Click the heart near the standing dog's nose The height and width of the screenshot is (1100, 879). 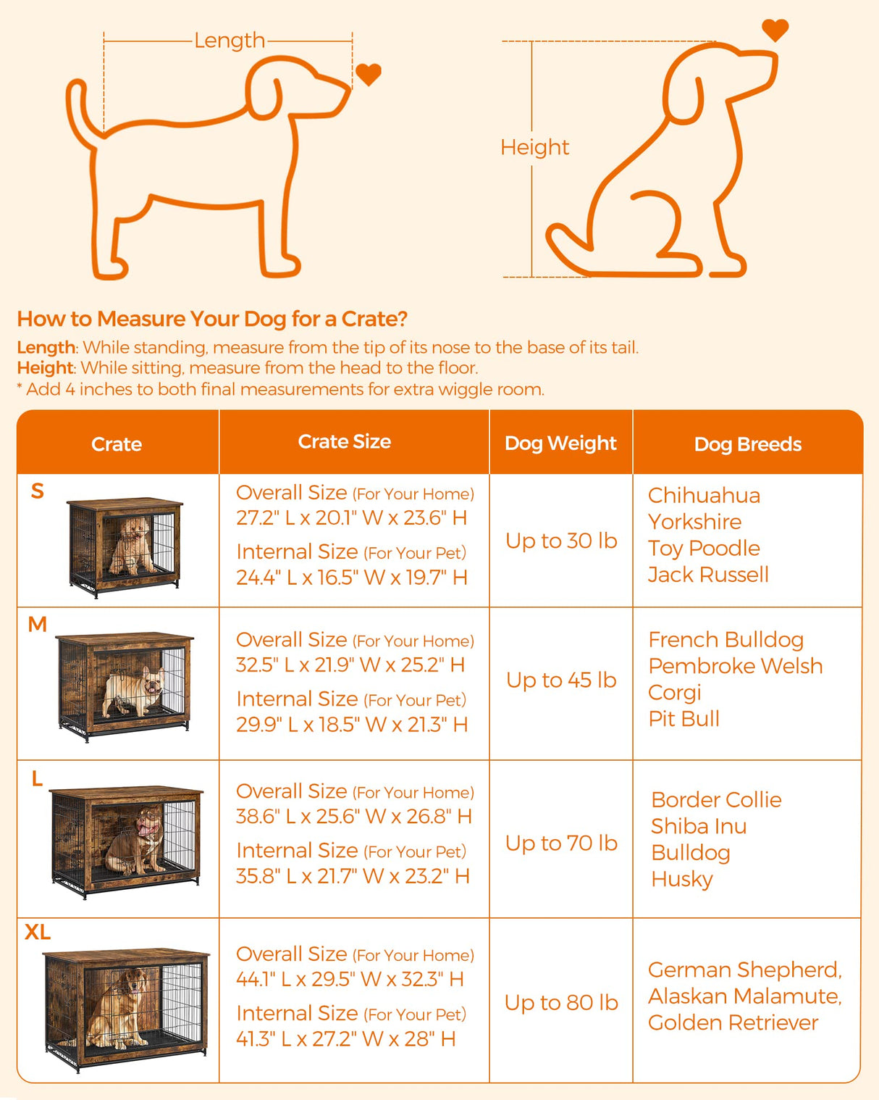click(x=368, y=74)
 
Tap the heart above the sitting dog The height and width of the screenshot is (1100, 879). click(x=775, y=29)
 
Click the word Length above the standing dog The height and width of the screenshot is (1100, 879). click(x=230, y=41)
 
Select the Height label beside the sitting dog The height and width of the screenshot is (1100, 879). click(x=534, y=147)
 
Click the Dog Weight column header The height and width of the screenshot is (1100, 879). click(x=560, y=443)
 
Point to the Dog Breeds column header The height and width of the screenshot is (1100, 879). click(x=747, y=444)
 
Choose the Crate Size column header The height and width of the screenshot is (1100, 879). click(x=345, y=442)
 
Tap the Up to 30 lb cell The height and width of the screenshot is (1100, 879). click(x=561, y=541)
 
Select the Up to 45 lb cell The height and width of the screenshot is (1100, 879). click(x=561, y=680)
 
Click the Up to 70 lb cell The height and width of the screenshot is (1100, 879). click(x=561, y=843)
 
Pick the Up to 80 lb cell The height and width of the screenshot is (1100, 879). click(x=561, y=1002)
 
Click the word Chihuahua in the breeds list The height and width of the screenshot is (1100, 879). click(x=704, y=496)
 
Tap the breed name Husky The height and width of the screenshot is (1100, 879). click(x=682, y=879)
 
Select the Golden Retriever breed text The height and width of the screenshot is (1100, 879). click(x=733, y=1022)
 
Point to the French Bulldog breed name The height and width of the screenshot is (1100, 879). click(x=726, y=640)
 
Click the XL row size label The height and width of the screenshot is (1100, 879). click(x=38, y=932)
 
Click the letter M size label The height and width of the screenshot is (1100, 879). click(x=38, y=624)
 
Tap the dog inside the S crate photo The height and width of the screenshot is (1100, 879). click(x=131, y=545)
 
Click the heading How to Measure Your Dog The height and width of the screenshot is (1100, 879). click(x=212, y=319)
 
